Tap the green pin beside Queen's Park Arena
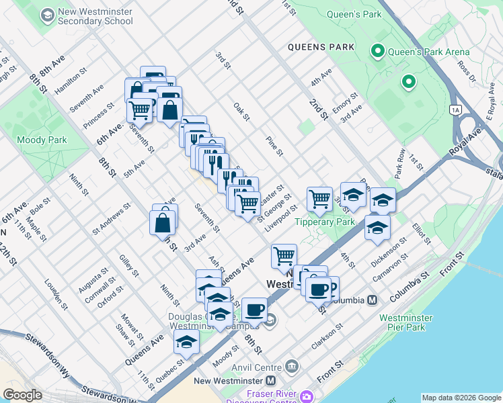[377, 51]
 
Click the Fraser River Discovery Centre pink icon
[307, 396]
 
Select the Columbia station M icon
[372, 300]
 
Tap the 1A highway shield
[456, 109]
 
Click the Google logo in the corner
[23, 395]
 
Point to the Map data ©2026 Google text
[461, 398]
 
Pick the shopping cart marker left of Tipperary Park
[319, 199]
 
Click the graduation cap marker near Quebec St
[186, 342]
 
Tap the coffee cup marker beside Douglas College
[254, 310]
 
